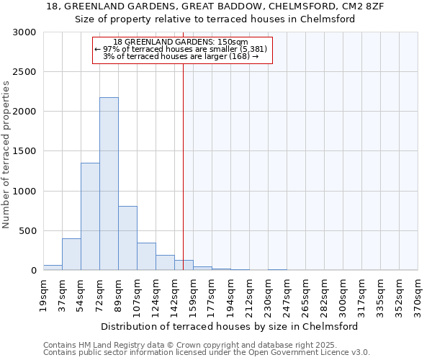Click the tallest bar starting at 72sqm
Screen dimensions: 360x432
(109, 184)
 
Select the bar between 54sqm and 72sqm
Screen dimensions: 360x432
(90, 216)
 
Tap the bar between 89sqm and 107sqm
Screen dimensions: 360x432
(127, 238)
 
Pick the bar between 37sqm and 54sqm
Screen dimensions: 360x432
(71, 254)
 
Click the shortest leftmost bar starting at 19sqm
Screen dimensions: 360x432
(53, 267)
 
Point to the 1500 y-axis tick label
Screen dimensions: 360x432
(24, 152)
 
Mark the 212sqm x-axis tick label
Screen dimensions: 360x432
(250, 296)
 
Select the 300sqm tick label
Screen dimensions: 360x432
(343, 296)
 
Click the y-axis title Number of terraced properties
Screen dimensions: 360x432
(6, 154)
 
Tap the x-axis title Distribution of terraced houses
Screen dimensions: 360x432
(230, 326)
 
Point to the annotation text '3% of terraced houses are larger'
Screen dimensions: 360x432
(181, 56)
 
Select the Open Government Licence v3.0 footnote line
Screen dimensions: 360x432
(207, 353)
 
